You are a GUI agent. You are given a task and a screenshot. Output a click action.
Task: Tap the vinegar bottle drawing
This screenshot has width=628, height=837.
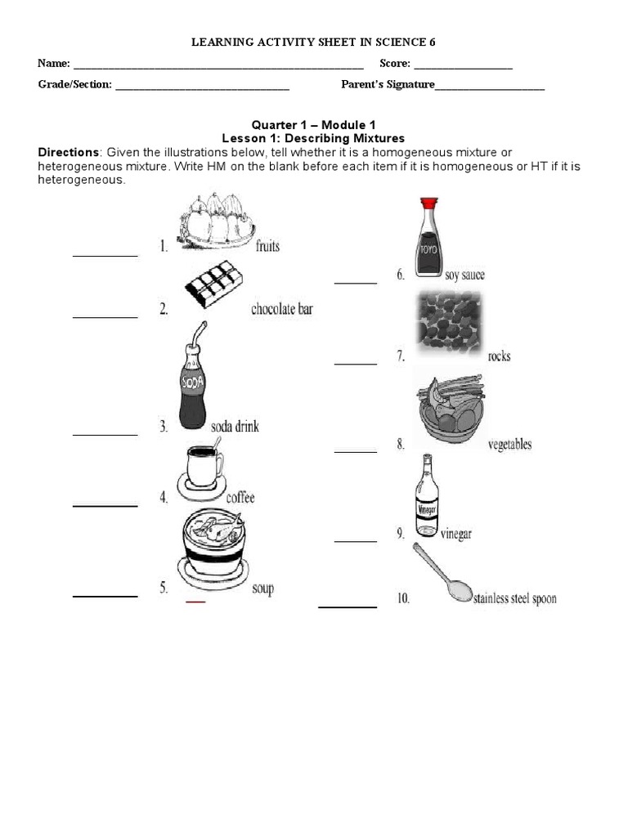427,495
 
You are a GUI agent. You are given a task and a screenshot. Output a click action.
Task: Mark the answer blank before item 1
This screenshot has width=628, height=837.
105,255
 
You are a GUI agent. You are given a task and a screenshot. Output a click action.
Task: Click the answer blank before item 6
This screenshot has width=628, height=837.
356,283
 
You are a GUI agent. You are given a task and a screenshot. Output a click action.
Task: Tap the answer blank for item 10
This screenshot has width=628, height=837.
348,606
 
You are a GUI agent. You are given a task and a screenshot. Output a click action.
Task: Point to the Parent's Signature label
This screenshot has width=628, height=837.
388,84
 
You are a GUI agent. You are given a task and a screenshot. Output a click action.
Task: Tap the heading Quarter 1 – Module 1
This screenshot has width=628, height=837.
313,124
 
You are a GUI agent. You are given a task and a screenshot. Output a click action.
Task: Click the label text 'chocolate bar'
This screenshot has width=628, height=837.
281,309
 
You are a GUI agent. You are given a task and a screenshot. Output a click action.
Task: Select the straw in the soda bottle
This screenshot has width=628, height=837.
196,335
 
